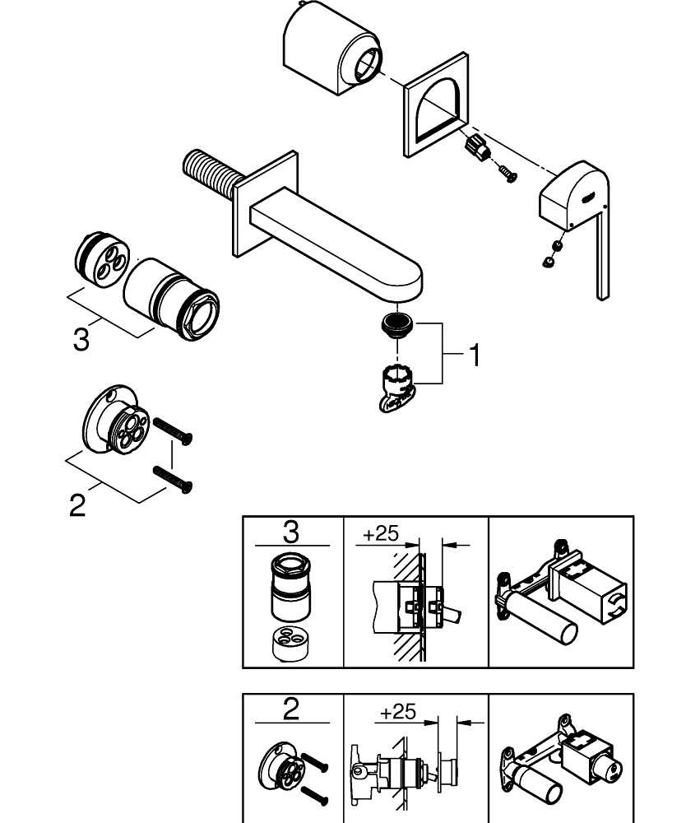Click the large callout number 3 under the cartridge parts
point(81,339)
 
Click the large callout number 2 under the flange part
point(76,504)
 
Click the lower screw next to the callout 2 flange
point(173,480)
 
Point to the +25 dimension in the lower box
point(398,712)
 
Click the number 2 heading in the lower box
point(291,709)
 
